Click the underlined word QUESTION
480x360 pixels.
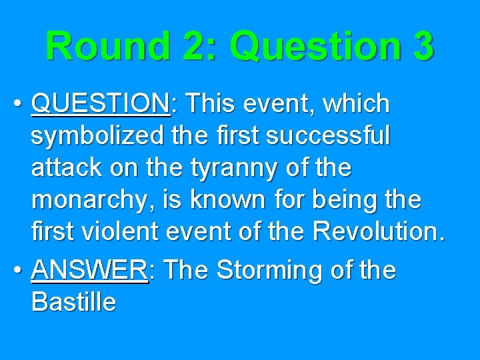click(x=100, y=104)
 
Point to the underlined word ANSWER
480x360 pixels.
click(x=89, y=271)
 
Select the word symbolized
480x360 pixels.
click(x=94, y=137)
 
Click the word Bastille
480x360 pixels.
click(x=73, y=303)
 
